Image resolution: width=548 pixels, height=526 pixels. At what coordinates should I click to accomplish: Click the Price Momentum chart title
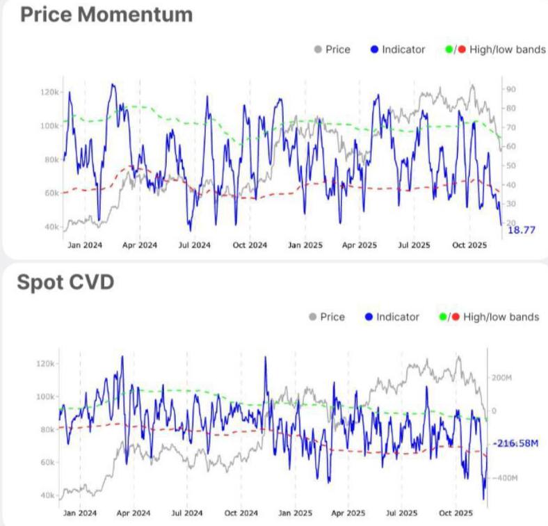pyautogui.click(x=106, y=15)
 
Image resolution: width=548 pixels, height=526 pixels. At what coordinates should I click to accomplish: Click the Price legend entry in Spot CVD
pyautogui.click(x=332, y=317)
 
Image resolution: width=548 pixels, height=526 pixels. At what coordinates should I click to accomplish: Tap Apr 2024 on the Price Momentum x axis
pyautogui.click(x=140, y=245)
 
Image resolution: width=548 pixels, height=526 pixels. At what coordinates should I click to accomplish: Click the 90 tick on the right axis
pyautogui.click(x=510, y=89)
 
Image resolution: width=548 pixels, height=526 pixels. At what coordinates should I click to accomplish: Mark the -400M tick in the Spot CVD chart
pyautogui.click(x=503, y=478)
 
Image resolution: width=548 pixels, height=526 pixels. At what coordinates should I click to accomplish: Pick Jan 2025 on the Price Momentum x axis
pyautogui.click(x=304, y=245)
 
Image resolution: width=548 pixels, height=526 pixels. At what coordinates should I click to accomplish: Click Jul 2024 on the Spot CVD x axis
pyautogui.click(x=187, y=513)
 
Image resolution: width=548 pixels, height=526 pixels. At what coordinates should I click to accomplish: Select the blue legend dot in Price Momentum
pyautogui.click(x=374, y=49)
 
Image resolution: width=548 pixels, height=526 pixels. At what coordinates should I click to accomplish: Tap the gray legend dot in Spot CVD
pyautogui.click(x=313, y=317)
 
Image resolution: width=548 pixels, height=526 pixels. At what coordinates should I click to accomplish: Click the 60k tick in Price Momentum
pyautogui.click(x=51, y=193)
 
